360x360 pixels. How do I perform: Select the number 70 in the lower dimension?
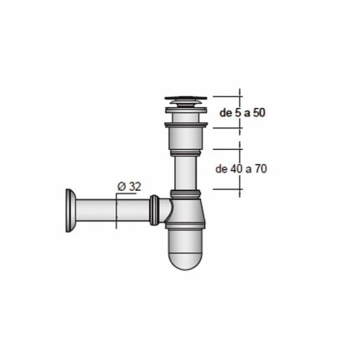260,168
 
